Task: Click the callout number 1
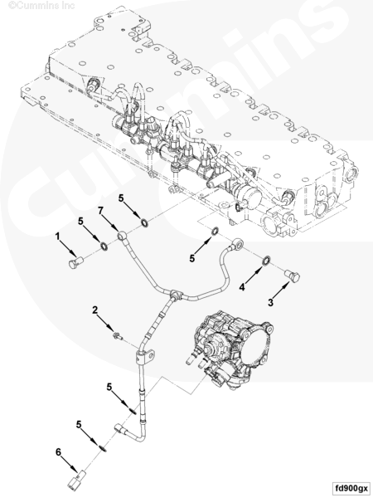click(59, 237)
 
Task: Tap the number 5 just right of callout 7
click(121, 199)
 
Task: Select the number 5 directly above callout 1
click(81, 222)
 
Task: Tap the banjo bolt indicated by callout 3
click(292, 275)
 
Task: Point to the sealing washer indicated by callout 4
click(266, 262)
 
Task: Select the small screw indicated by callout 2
click(119, 336)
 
